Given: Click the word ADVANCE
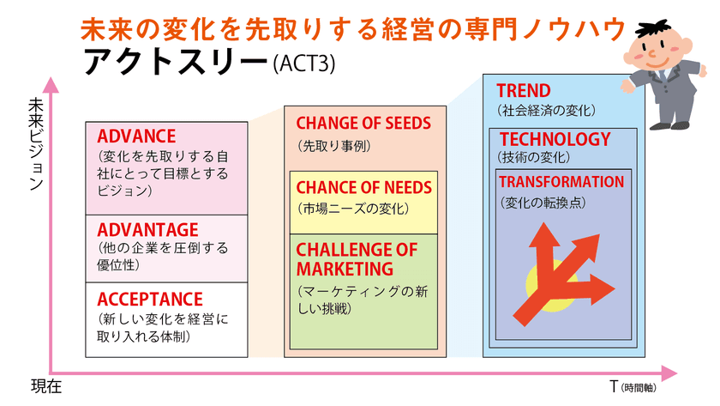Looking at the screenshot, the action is pos(136,136).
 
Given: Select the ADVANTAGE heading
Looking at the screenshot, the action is pos(147,230).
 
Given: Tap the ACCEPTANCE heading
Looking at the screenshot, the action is pos(150,300).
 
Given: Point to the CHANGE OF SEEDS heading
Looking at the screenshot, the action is pos(363,124).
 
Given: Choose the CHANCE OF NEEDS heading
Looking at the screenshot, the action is pos(364,188).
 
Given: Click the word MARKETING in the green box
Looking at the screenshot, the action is pos(345,269).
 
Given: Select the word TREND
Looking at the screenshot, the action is pos(524,91).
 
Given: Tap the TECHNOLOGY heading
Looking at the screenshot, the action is pos(555,139).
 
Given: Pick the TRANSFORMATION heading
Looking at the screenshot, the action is pos(561,182).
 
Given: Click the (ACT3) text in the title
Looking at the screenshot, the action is pos(304,64).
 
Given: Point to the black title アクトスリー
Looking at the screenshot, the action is pos(175,62).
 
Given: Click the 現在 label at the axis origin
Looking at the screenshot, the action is pos(46,387).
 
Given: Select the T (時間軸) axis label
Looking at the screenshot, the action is pos(633,387).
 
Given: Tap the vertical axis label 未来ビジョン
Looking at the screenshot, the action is pos(36,144).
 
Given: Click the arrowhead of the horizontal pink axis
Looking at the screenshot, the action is pos(670,373).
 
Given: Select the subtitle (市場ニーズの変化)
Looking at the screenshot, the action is pos(353,209).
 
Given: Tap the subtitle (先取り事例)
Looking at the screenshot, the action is pos(333,146).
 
